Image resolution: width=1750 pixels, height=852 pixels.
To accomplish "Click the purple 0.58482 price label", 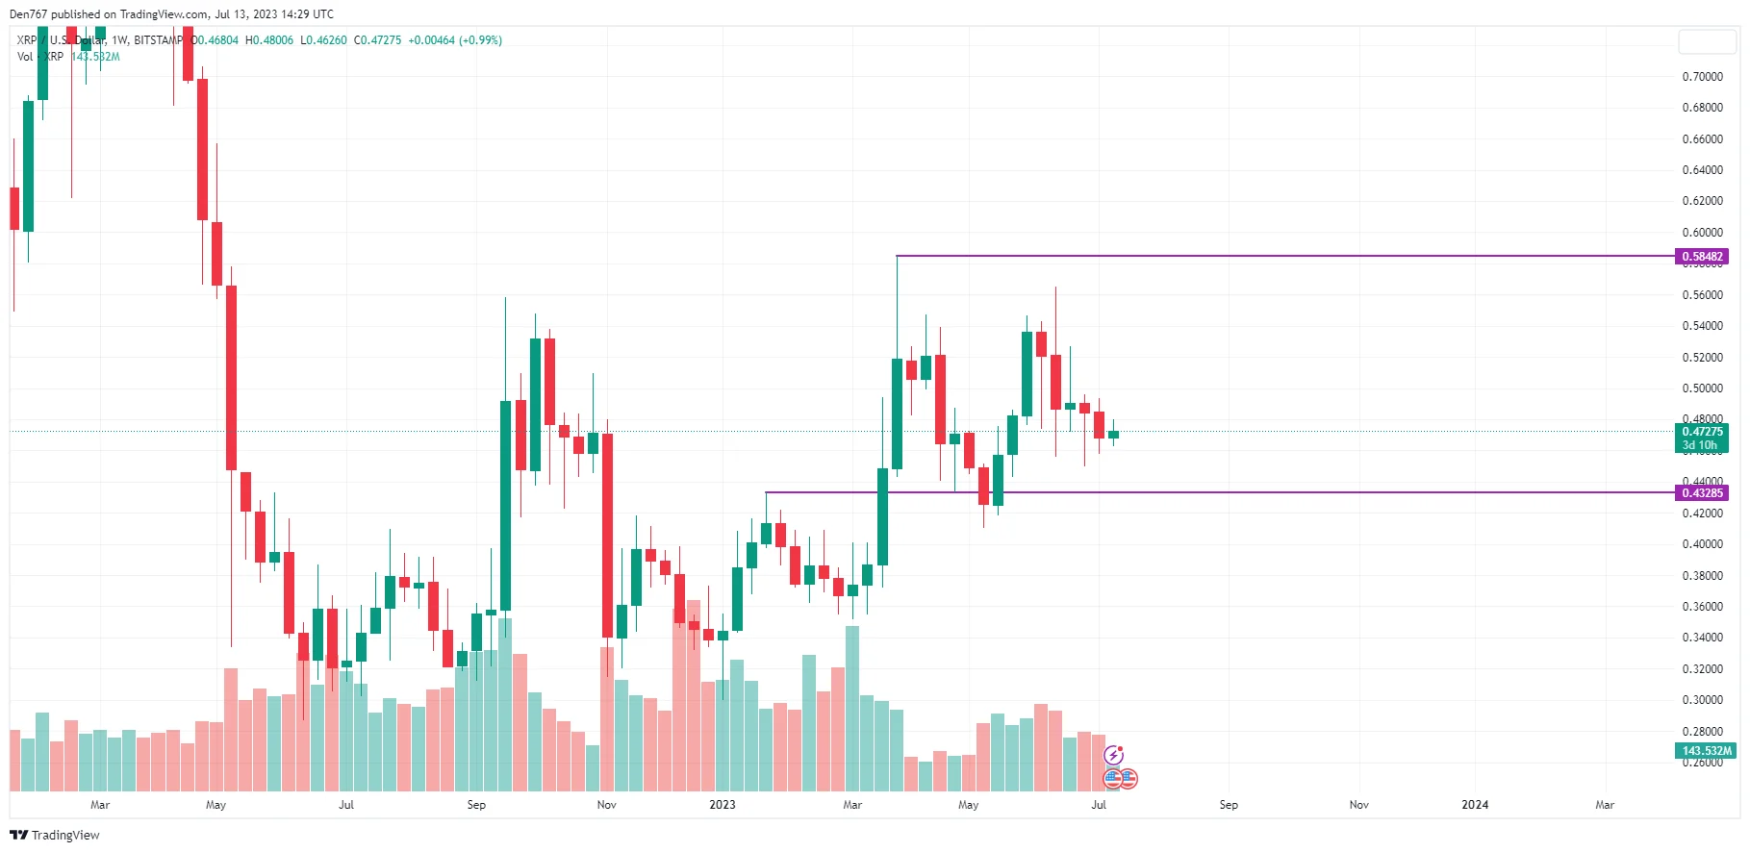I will pos(1702,257).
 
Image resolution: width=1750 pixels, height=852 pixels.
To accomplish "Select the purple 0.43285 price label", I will pos(1702,493).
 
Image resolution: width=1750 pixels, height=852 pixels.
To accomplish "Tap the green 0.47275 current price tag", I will pos(1702,432).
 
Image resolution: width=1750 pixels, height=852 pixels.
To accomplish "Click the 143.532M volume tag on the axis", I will pos(1706,751).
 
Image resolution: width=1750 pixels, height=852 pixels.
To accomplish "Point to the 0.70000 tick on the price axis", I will pos(1702,77).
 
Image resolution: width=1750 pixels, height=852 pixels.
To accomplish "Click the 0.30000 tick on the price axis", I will pos(1702,700).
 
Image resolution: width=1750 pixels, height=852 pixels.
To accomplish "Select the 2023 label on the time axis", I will pos(722,805).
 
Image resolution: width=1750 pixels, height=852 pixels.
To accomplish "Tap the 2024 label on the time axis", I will pos(1474,805).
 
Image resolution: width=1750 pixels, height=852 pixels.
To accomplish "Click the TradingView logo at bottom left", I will pos(55,835).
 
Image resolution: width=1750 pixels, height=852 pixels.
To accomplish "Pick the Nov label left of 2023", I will pos(606,805).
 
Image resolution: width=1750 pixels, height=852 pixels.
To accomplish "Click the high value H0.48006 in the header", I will pos(269,40).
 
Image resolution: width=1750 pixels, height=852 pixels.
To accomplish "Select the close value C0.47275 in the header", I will pos(377,40).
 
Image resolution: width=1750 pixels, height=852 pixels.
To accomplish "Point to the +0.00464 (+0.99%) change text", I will pos(455,40).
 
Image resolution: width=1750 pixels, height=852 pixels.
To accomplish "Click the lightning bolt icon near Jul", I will pos(1113,755).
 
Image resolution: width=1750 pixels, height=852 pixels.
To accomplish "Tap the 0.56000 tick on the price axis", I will pos(1702,295).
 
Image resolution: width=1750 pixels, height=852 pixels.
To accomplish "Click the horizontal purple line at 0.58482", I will pos(1251,256).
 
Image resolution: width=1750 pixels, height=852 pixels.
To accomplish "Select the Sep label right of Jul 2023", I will pos(1229,805).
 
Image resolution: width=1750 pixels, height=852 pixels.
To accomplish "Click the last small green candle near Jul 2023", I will pos(1113,435).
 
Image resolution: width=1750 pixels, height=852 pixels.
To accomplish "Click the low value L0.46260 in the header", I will pos(323,40).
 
